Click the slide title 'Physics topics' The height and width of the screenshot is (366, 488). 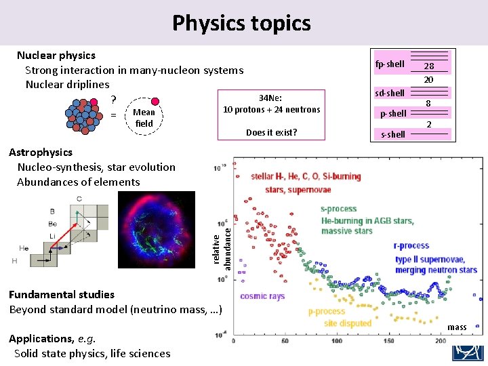point(241,23)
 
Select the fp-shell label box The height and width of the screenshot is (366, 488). point(390,64)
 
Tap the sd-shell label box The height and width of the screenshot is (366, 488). point(390,93)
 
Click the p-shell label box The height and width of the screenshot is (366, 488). point(393,113)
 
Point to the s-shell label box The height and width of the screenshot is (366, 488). point(392,134)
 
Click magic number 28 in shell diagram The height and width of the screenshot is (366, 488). point(428,66)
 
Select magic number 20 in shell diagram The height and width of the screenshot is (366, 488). point(428,79)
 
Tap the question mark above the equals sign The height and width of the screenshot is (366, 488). point(114,100)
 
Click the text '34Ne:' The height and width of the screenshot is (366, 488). point(270,98)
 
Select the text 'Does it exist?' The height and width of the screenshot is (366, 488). point(271,132)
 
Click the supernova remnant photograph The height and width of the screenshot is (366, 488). point(157,229)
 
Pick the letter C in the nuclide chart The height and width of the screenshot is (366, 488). point(79,199)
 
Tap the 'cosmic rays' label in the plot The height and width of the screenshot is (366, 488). point(262,296)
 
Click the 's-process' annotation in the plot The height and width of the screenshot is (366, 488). point(340,209)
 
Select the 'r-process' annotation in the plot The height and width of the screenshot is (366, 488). point(411,245)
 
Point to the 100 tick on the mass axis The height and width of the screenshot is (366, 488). point(338,340)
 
